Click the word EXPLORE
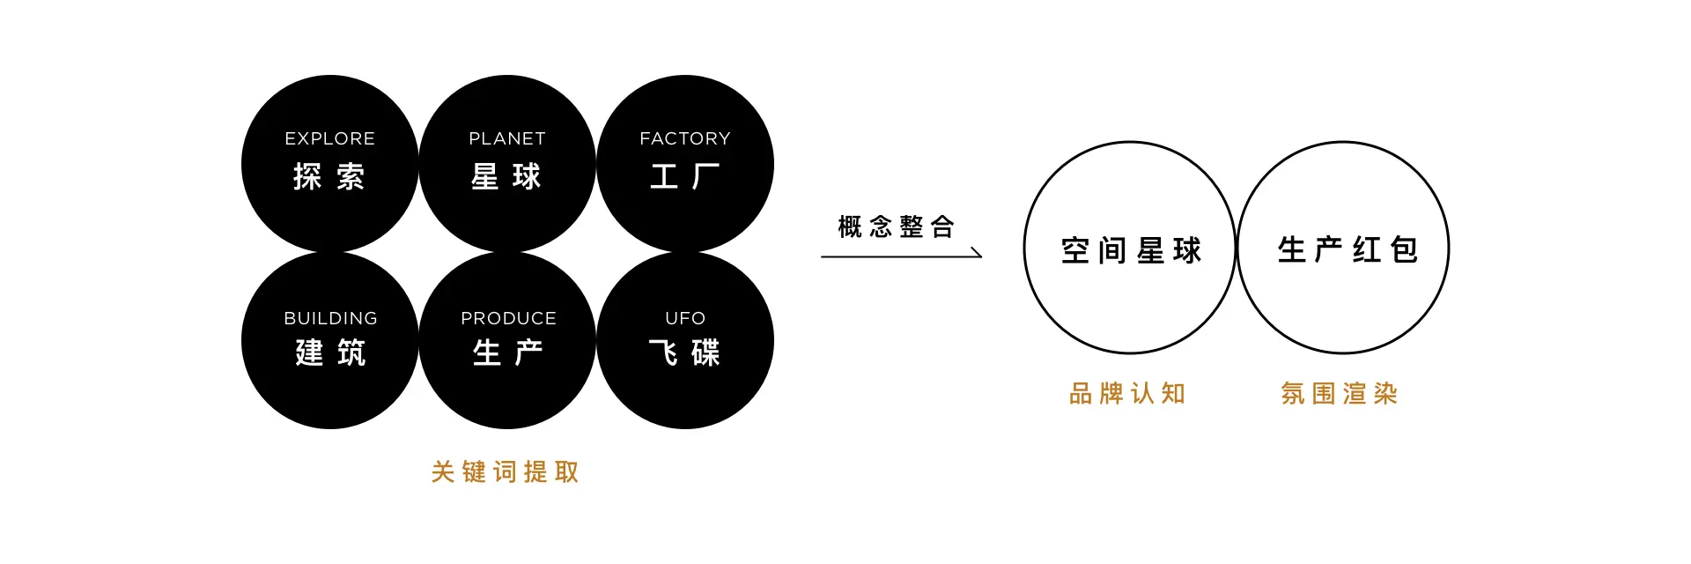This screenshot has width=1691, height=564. [x=329, y=138]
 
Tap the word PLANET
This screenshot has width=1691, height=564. [x=507, y=138]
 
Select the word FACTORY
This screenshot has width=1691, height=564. [x=685, y=138]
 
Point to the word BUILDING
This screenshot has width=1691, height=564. [x=330, y=318]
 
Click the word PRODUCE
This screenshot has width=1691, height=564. [x=508, y=318]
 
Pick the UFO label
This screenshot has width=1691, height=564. [x=685, y=318]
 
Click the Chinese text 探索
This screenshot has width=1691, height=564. [x=329, y=177]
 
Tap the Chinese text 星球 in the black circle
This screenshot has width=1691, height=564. [x=506, y=177]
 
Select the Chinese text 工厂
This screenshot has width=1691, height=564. [x=685, y=177]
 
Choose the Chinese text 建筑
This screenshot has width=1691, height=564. [x=330, y=353]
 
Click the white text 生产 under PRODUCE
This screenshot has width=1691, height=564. [x=508, y=353]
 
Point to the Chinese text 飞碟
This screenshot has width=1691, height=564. [x=685, y=353]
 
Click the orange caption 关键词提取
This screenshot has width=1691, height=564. [x=506, y=472]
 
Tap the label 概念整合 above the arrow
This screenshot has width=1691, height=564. [x=896, y=227]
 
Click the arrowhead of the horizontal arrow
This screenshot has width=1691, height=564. [x=978, y=255]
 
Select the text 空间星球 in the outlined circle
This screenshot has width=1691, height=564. [x=1131, y=251]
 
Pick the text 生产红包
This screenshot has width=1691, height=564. [x=1348, y=250]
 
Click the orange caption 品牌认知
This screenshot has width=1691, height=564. [x=1127, y=394]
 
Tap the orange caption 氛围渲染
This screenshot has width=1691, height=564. [x=1340, y=394]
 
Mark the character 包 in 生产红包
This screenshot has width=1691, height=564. [x=1405, y=250]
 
